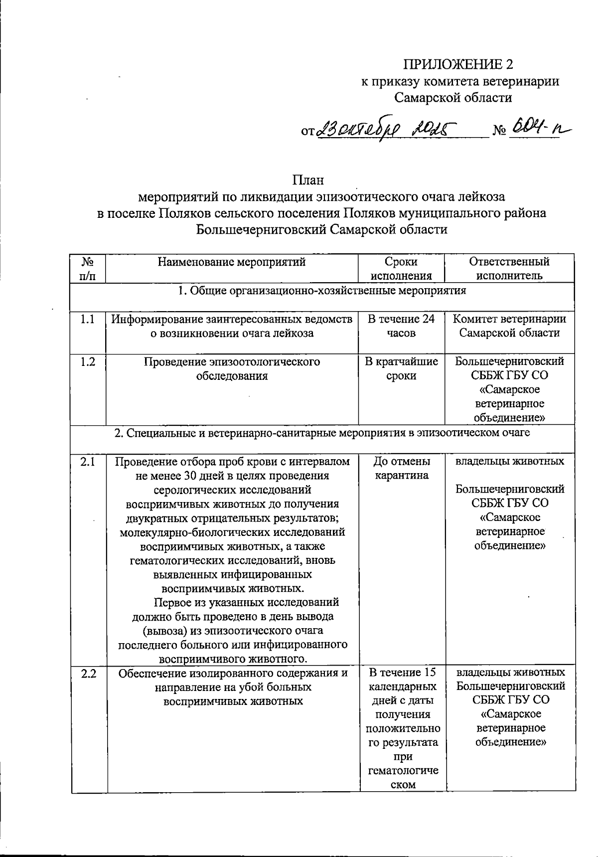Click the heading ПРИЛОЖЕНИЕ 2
click(x=457, y=64)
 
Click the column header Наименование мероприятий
click(x=232, y=262)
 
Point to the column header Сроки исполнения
click(x=401, y=269)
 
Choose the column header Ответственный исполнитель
click(x=509, y=269)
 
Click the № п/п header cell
click(x=88, y=269)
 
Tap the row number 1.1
click(x=88, y=320)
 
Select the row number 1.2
click(x=88, y=362)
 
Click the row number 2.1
click(x=88, y=462)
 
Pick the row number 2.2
click(x=88, y=673)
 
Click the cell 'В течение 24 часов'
click(x=401, y=326)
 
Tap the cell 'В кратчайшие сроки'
click(x=401, y=369)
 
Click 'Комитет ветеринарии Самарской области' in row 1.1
click(x=509, y=326)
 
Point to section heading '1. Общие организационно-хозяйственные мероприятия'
click(x=322, y=291)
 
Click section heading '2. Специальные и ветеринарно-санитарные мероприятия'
click(x=322, y=433)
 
